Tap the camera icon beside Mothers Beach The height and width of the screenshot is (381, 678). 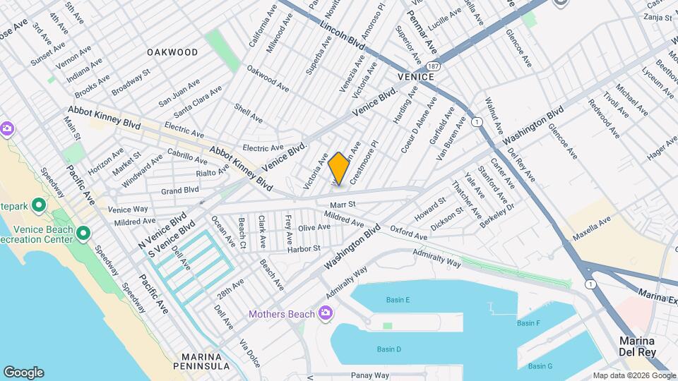click(325, 313)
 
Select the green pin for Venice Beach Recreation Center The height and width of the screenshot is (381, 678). click(83, 233)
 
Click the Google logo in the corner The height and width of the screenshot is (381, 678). click(23, 373)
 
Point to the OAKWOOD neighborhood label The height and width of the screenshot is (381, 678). click(172, 52)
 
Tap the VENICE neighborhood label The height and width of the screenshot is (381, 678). click(414, 76)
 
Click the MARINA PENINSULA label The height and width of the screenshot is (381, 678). click(205, 361)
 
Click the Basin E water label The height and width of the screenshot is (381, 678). click(398, 300)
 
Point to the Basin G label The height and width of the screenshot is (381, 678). click(540, 365)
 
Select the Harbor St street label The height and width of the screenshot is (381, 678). click(304, 248)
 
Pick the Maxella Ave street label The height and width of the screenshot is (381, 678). click(592, 230)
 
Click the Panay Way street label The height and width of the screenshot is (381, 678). click(371, 375)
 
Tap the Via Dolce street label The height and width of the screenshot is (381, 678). click(249, 353)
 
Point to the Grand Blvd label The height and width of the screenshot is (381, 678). click(179, 190)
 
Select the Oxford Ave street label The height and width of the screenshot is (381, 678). click(408, 233)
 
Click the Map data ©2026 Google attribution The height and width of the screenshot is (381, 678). click(634, 375)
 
